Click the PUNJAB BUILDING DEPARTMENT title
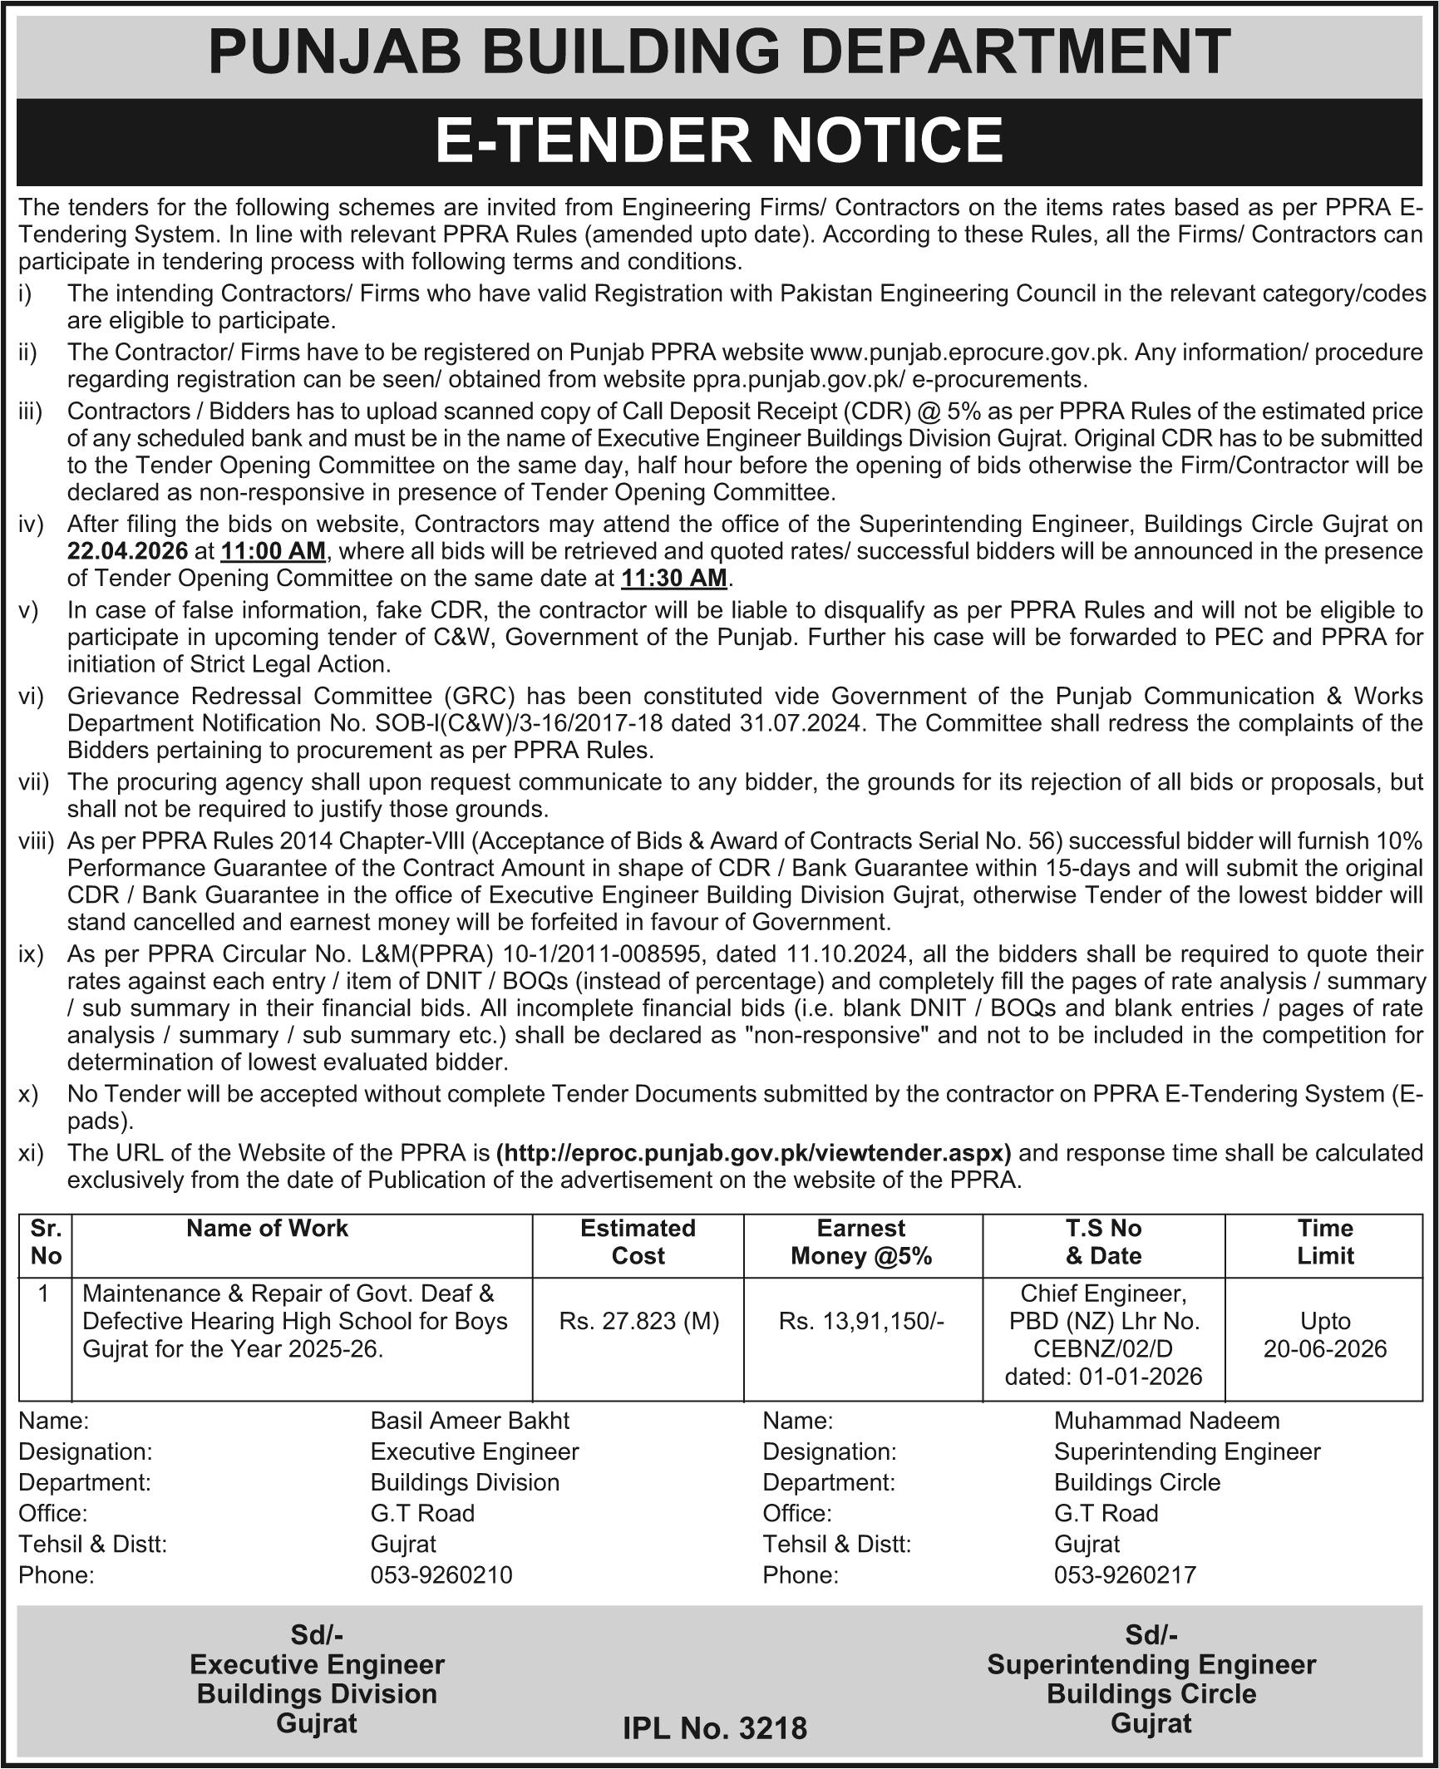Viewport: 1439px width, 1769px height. (x=719, y=52)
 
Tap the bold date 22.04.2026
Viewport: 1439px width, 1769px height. (x=129, y=551)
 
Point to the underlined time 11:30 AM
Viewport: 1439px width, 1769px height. (x=673, y=578)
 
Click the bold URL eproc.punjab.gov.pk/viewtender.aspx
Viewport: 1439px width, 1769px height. (x=753, y=1153)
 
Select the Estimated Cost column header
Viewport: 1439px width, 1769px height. (x=638, y=1241)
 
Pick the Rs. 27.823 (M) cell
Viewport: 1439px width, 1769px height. (x=638, y=1321)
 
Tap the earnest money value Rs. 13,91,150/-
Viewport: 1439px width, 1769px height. (x=861, y=1321)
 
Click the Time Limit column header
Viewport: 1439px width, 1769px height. (x=1324, y=1241)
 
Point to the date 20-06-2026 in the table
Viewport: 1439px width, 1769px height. (x=1324, y=1348)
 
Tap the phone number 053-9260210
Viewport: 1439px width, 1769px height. (x=441, y=1574)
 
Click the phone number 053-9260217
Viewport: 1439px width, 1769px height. (x=1125, y=1574)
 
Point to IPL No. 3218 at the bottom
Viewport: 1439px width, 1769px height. (x=715, y=1729)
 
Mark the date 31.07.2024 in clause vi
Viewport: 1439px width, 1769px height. (x=802, y=723)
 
